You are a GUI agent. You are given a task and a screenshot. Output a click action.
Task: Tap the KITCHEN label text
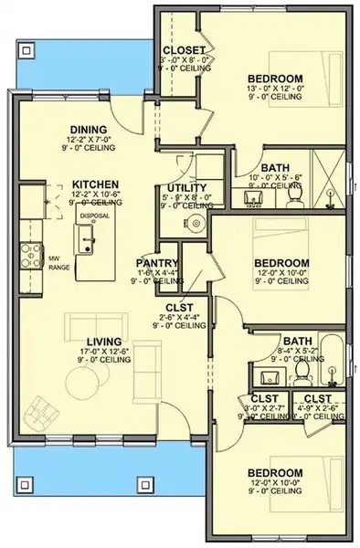(94, 184)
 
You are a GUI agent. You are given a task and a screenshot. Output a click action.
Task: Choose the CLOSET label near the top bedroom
(183, 49)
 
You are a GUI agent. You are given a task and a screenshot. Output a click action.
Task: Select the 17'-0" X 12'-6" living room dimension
(93, 352)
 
